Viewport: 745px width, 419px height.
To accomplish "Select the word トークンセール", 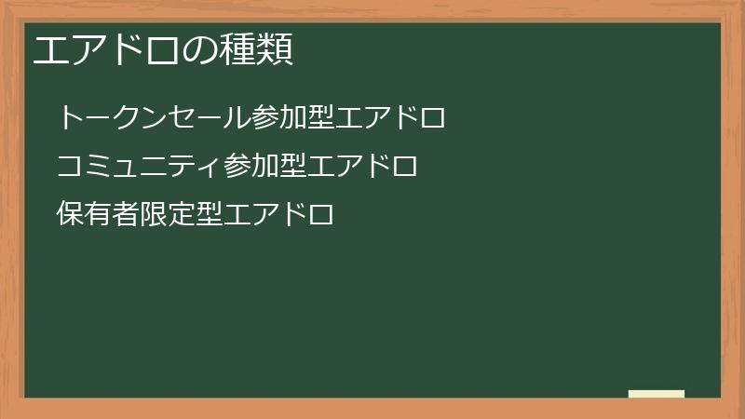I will [x=154, y=118].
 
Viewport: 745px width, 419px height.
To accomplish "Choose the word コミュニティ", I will [x=140, y=167].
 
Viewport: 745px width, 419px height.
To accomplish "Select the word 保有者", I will [x=97, y=215].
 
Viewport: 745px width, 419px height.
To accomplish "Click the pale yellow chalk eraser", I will [x=656, y=394].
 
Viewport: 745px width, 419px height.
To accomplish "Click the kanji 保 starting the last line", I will [x=70, y=215].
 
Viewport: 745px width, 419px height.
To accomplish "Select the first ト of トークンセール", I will [x=71, y=118].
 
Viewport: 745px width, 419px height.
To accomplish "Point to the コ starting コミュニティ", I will [x=70, y=167].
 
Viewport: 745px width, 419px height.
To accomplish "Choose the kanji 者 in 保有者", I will [x=125, y=215].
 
